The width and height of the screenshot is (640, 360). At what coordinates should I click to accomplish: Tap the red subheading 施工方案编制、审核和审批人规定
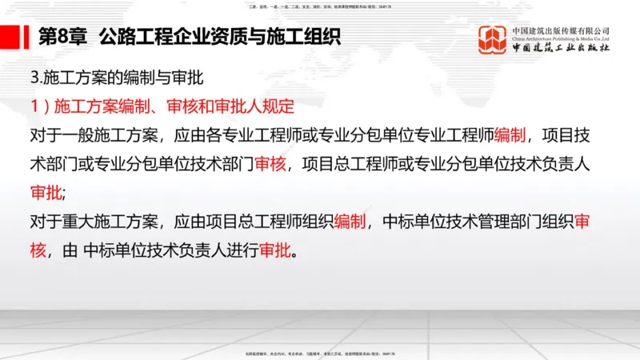pyautogui.click(x=151, y=107)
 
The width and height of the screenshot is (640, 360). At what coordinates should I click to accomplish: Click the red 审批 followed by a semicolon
pyautogui.click(x=46, y=193)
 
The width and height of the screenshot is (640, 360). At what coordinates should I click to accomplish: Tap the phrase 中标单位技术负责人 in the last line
pyautogui.click(x=173, y=250)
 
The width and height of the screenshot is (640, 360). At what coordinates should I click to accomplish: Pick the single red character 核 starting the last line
pyautogui.click(x=38, y=250)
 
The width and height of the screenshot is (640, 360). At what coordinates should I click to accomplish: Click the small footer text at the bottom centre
pyautogui.click(x=319, y=353)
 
